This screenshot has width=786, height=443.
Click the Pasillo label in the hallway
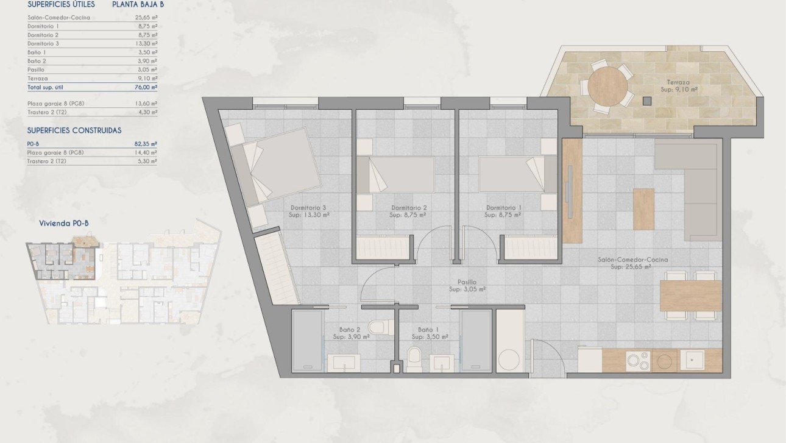[467, 282]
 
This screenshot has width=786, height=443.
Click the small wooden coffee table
[643, 209]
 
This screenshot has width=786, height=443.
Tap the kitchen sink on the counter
[692, 360]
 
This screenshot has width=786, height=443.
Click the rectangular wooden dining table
[691, 296]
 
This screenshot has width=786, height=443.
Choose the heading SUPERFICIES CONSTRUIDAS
[74, 130]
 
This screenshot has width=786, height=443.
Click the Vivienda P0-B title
[64, 224]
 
